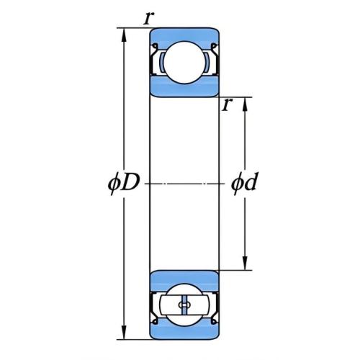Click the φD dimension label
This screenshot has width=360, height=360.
click(x=124, y=184)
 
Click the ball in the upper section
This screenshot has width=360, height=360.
click(x=184, y=63)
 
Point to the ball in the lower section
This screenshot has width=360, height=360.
click(x=184, y=305)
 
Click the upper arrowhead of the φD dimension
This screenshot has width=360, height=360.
click(x=124, y=37)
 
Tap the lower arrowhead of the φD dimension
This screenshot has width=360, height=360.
click(x=124, y=331)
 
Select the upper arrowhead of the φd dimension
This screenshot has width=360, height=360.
click(x=245, y=106)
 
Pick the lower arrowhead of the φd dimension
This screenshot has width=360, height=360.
click(x=245, y=262)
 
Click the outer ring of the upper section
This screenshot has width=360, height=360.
click(x=184, y=35)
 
